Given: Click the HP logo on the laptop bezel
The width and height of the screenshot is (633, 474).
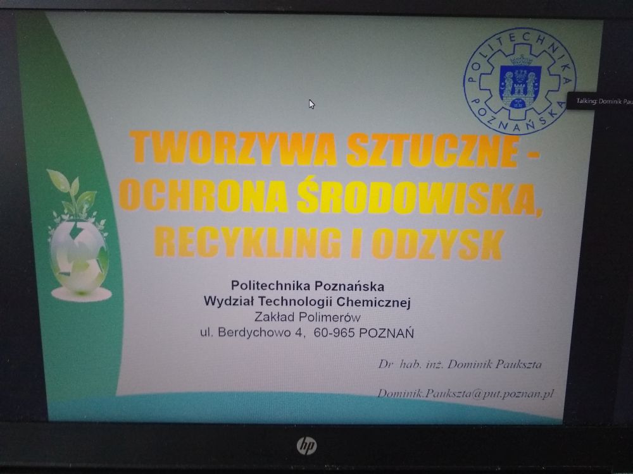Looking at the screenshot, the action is pyautogui.click(x=307, y=446).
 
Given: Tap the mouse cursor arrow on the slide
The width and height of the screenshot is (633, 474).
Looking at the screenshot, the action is pyautogui.click(x=311, y=104).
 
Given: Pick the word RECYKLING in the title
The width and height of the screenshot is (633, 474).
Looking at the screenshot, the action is pyautogui.click(x=247, y=241).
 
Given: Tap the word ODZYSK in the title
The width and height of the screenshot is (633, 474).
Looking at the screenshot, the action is pyautogui.click(x=438, y=244).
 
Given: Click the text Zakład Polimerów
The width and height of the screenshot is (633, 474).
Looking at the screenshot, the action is pyautogui.click(x=307, y=317).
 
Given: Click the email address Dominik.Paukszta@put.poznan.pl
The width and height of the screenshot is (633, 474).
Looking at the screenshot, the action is pyautogui.click(x=465, y=393).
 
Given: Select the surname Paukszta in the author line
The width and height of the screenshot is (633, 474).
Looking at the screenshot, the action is pyautogui.click(x=518, y=365).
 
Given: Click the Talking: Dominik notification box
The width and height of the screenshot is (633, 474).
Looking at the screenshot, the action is pyautogui.click(x=600, y=101).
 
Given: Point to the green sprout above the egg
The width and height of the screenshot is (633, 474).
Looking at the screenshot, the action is pyautogui.click(x=75, y=193).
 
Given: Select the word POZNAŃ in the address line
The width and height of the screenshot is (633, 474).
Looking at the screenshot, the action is pyautogui.click(x=386, y=333).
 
